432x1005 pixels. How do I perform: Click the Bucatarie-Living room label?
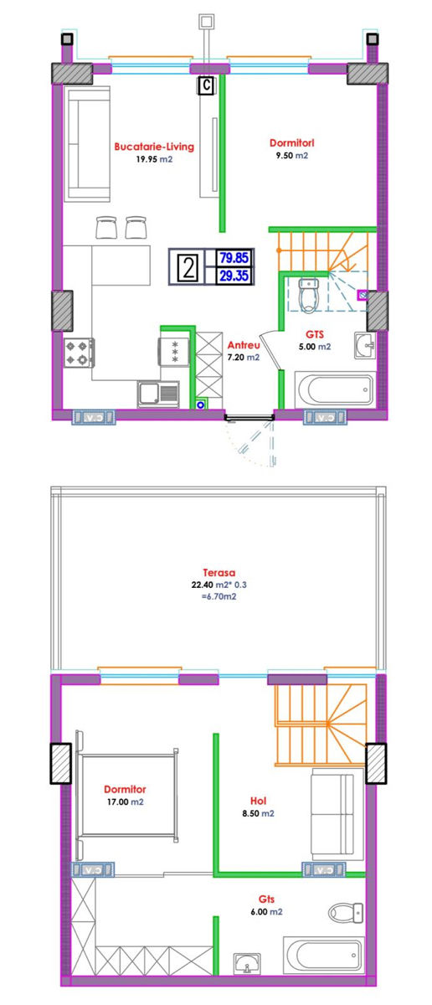pyautogui.click(x=154, y=147)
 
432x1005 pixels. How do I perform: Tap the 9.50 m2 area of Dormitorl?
pyautogui.click(x=292, y=156)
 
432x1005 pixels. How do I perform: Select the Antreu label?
pyautogui.click(x=244, y=345)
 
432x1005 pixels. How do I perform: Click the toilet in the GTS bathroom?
pyautogui.click(x=309, y=295)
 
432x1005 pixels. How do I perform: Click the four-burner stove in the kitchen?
pyautogui.click(x=79, y=353)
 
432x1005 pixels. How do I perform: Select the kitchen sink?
pyautogui.click(x=158, y=394)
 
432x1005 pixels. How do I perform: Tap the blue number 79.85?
pyautogui.click(x=234, y=258)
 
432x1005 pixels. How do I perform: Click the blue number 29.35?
pyautogui.click(x=234, y=276)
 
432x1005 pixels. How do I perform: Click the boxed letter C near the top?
pyautogui.click(x=206, y=85)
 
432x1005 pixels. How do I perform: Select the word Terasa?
pyautogui.click(x=219, y=573)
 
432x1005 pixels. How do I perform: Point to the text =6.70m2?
pyautogui.click(x=219, y=596)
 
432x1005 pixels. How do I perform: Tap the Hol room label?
pyautogui.click(x=259, y=801)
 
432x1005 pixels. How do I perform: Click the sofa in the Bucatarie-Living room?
pyautogui.click(x=87, y=143)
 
